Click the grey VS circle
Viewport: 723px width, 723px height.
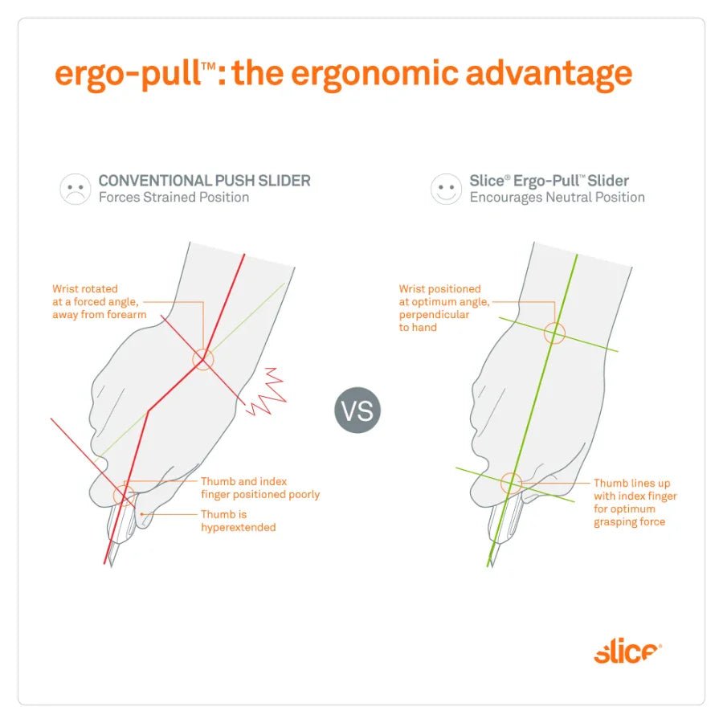[x=357, y=410]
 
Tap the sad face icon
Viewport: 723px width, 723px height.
[x=76, y=189]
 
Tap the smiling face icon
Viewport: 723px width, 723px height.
[x=446, y=189]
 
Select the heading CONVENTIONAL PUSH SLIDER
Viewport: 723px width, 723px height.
[x=205, y=180]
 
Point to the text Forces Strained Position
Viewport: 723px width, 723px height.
[x=174, y=198]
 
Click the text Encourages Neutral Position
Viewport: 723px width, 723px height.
[x=557, y=198]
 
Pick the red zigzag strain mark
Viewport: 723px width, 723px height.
[x=266, y=391]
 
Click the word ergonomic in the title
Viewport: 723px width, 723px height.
[x=375, y=74]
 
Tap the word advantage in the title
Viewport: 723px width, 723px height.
[x=549, y=74]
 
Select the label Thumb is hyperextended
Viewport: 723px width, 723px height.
[x=239, y=521]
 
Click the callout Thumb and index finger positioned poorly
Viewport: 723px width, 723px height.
[x=260, y=488]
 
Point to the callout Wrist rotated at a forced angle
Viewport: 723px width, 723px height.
[x=99, y=301]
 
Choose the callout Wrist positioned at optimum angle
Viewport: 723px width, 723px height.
[x=444, y=308]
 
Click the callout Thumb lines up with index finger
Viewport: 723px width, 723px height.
[x=635, y=502]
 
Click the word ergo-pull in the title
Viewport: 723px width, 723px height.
[x=128, y=74]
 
